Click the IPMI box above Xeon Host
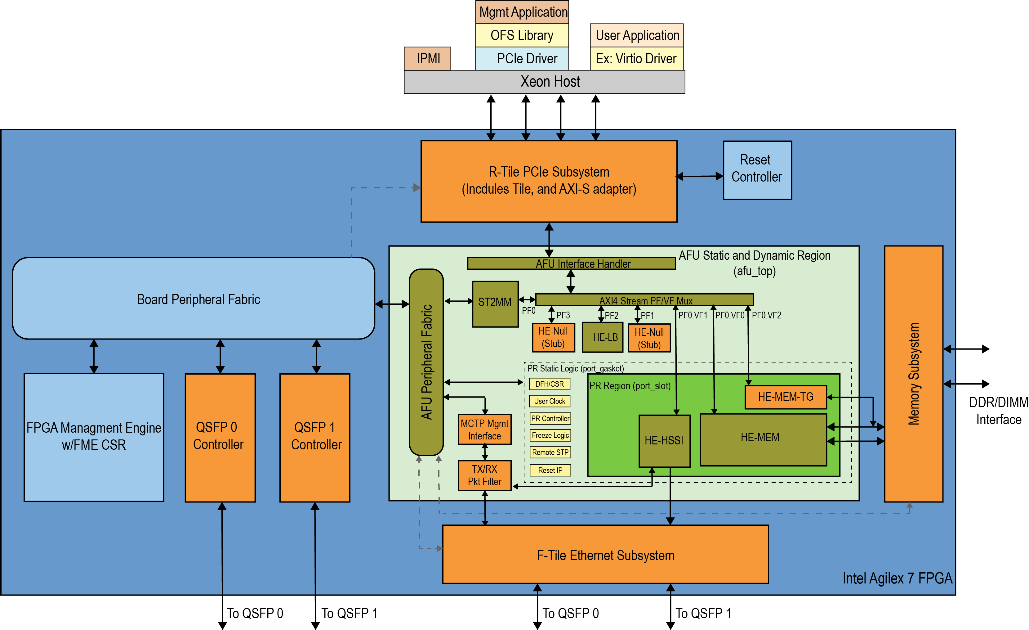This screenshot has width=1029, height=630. point(428,58)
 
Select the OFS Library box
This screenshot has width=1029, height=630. point(522,35)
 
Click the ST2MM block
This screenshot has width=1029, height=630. point(495,303)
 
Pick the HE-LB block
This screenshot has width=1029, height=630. point(602,337)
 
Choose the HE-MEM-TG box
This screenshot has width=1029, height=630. point(785,397)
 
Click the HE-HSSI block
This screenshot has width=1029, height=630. point(664,441)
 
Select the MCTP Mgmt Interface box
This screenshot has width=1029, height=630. point(484,430)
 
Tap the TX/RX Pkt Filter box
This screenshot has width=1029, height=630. point(484,475)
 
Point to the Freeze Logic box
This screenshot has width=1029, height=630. point(550,435)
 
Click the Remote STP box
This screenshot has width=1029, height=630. point(550,452)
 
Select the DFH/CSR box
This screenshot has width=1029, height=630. point(549,384)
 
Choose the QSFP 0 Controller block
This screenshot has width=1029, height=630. point(220,437)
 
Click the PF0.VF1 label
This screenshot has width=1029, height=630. point(693,315)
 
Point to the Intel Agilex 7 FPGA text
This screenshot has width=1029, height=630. point(897,578)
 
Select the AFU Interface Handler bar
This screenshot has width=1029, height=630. point(571,263)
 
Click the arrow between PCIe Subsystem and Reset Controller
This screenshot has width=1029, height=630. point(700,176)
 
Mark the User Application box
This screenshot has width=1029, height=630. point(636,35)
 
